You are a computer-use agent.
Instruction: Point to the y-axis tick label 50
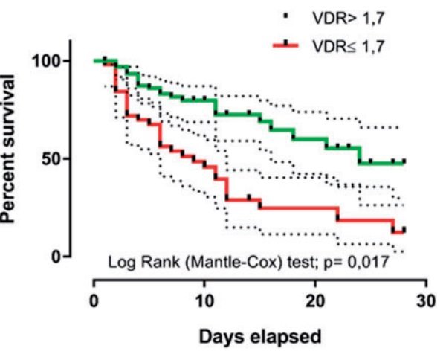[54, 158]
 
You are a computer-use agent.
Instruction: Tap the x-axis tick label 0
[94, 302]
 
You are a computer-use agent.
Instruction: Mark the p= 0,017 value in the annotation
[350, 262]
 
